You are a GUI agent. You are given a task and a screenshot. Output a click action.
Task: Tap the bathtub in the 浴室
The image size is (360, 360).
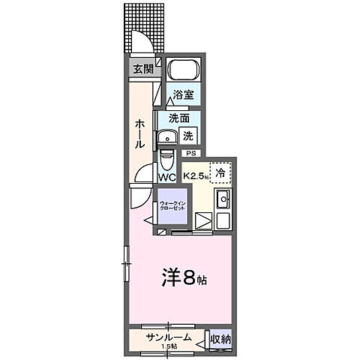coord(182,72)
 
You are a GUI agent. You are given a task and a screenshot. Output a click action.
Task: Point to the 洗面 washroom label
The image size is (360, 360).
coord(178,118)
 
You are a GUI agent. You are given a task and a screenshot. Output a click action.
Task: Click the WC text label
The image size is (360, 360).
coord(166,178)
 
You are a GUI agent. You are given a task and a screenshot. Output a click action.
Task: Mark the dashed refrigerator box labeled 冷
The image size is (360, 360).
coord(220,173)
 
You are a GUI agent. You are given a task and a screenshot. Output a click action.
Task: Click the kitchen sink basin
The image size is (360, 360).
coord(223,199)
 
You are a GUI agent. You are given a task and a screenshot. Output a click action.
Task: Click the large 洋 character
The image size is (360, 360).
coord(169,277)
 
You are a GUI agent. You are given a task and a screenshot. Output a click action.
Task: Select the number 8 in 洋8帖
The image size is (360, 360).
coord(190,277)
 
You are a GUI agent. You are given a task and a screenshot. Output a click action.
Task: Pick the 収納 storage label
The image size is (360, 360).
coord(220,340)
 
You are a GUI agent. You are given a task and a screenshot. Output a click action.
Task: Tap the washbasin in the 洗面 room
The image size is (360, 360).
coord(166,136)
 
